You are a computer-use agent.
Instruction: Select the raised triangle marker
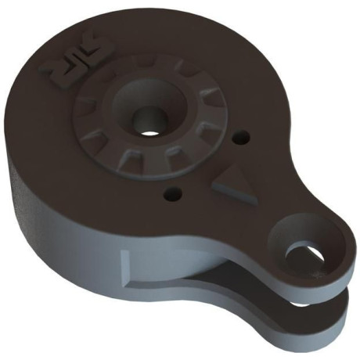point(235,186)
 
